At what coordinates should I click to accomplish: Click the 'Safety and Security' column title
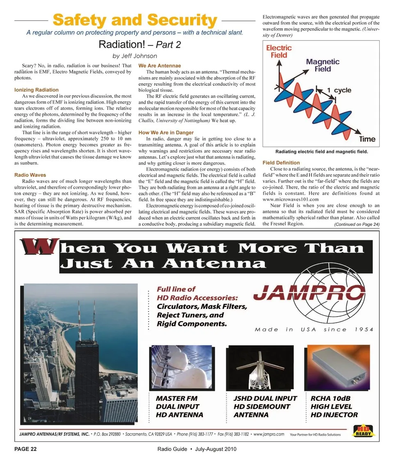pos(135,20)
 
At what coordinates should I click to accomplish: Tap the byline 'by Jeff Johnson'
pos(135,56)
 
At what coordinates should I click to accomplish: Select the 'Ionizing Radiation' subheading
pos(36,89)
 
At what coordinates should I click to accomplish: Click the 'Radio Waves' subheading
pos(30,175)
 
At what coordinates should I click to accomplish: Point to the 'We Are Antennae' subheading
pos(160,66)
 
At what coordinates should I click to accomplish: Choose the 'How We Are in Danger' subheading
pos(166,132)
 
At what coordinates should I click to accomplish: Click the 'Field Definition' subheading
pos(281,163)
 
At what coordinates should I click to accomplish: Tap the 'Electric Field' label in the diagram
pos(279,51)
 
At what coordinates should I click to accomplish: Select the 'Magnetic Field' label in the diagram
pos(323,65)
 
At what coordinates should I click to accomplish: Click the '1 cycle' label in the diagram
pos(339,90)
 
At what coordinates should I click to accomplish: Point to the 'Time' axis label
pos(367,139)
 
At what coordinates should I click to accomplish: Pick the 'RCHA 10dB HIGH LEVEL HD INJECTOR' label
pos(334,406)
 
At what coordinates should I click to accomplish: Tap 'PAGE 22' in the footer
pos(25,449)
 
